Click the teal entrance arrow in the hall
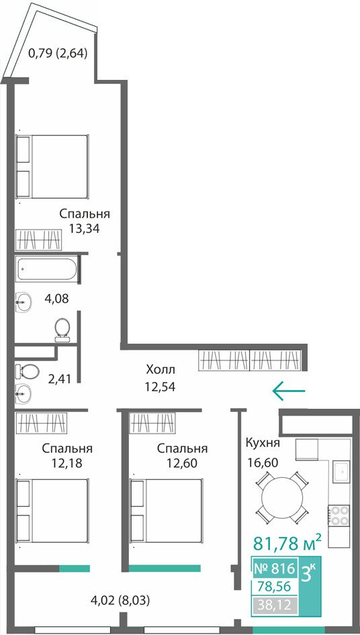(289, 391)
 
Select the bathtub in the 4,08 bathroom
(46, 268)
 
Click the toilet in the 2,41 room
(27, 370)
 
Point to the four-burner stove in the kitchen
(338, 515)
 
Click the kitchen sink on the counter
(341, 472)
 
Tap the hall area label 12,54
(160, 387)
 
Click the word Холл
(161, 369)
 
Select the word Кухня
(263, 442)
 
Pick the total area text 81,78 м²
(288, 542)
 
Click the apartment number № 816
(273, 569)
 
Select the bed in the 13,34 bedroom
(52, 166)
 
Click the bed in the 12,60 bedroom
(166, 511)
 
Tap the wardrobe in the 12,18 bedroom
(41, 423)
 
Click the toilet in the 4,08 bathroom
(62, 329)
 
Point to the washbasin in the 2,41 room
(22, 391)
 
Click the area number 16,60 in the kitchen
(263, 462)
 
